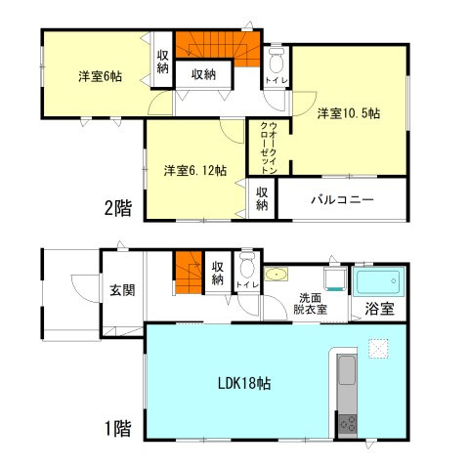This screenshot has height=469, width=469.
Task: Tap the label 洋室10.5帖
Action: [347, 113]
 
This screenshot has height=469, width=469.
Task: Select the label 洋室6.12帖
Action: [195, 170]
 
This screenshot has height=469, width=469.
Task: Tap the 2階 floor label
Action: [119, 206]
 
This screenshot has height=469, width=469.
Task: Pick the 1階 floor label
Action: [118, 427]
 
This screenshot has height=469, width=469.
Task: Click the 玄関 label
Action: [122, 289]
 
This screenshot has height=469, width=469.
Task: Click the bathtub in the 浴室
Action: [377, 283]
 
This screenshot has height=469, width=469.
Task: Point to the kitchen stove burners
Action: [347, 423]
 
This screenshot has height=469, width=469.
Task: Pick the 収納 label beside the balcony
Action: [263, 198]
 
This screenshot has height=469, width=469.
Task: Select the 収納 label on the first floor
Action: [217, 273]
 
